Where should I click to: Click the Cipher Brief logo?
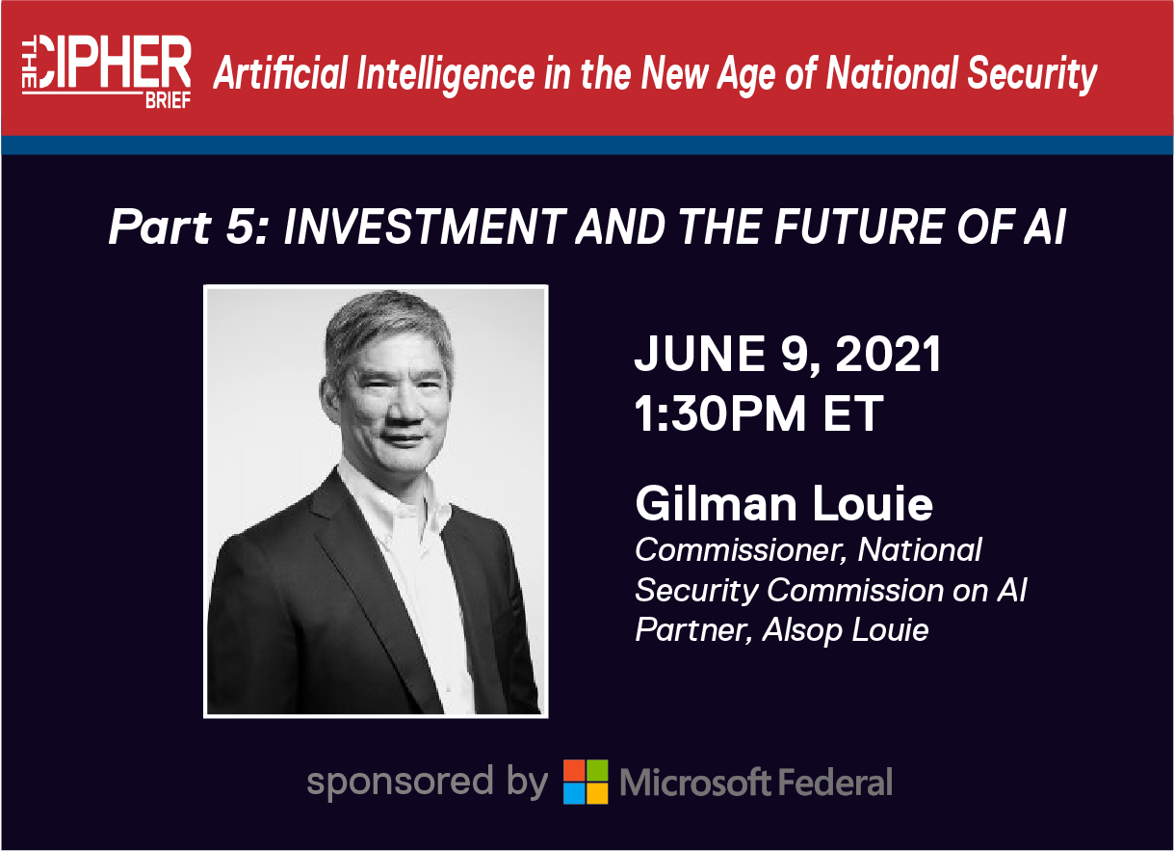pyautogui.click(x=106, y=72)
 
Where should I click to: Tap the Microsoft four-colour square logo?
pyautogui.click(x=586, y=782)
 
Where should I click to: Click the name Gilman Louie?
pyautogui.click(x=784, y=503)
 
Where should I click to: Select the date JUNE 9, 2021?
pyautogui.click(x=788, y=356)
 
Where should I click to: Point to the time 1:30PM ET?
pyautogui.click(x=759, y=413)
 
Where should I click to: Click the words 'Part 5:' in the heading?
pyautogui.click(x=189, y=227)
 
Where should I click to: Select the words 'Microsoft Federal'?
pyautogui.click(x=756, y=783)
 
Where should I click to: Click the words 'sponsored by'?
pyautogui.click(x=428, y=783)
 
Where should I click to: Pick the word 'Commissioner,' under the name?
pyautogui.click(x=741, y=550)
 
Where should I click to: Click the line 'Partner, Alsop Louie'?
pyautogui.click(x=782, y=629)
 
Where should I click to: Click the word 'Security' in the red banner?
pyautogui.click(x=1032, y=75)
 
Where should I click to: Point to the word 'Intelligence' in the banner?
pyautogui.click(x=446, y=75)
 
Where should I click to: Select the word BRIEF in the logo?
pyautogui.click(x=168, y=100)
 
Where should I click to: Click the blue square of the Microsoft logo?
pyautogui.click(x=574, y=793)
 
